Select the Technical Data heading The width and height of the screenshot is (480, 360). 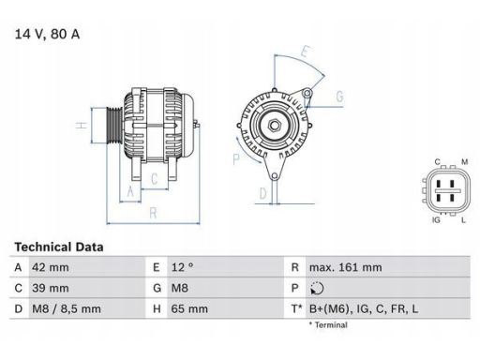58,247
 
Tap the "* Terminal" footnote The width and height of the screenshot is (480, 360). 328,325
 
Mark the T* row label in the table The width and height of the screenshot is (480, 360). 295,307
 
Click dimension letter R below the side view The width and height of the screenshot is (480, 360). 152,212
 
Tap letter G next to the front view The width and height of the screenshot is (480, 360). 338,97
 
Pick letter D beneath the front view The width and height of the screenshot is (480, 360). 263,194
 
